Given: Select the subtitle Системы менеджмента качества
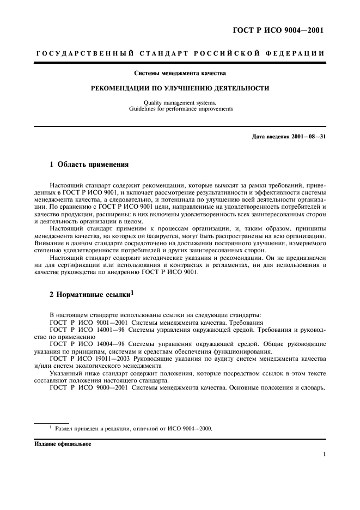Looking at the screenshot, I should coord(180,72).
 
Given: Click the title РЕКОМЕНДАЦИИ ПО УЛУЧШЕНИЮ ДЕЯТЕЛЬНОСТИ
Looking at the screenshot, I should coord(180,88).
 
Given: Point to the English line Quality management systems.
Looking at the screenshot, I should coord(180,102).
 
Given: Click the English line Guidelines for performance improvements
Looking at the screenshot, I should coord(180,108).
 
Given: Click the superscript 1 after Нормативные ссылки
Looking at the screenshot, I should coord(131,293).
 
